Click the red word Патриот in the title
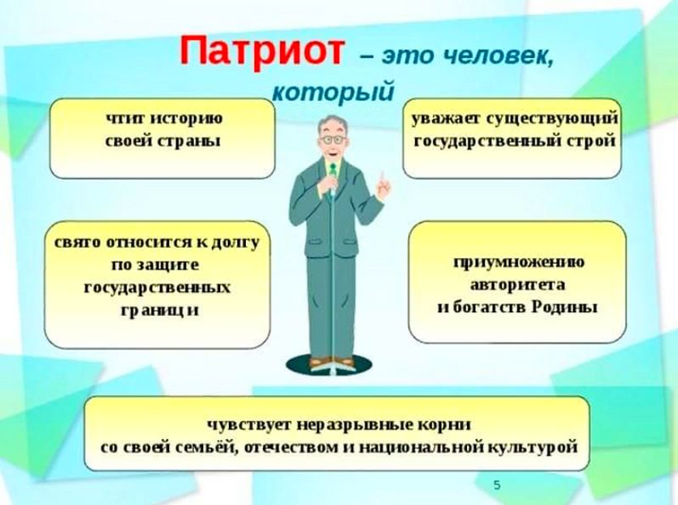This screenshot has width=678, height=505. click(x=261, y=51)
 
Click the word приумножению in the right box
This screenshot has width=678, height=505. click(x=519, y=262)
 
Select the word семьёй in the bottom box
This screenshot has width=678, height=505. click(x=216, y=448)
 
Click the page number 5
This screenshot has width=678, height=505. click(x=496, y=486)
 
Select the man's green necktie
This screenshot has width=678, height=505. click(x=331, y=168)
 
